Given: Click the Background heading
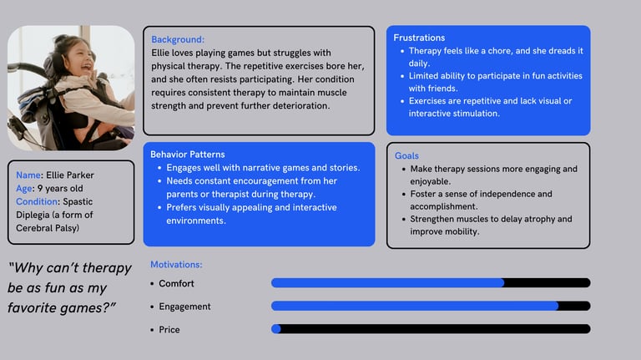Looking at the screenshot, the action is [x=178, y=39].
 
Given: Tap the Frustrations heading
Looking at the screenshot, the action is [x=419, y=38].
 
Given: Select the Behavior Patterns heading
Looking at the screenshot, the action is [x=188, y=155].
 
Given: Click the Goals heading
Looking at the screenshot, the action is [x=406, y=156].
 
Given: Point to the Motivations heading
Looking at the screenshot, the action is [x=176, y=265].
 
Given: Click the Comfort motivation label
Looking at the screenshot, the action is [x=176, y=284].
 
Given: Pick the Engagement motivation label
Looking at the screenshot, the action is [x=184, y=307].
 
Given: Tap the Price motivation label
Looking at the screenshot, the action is [x=169, y=330].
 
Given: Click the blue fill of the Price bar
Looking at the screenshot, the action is [x=276, y=329].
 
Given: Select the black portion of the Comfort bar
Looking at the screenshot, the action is [x=547, y=283].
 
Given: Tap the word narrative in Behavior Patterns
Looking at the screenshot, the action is [x=264, y=168].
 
